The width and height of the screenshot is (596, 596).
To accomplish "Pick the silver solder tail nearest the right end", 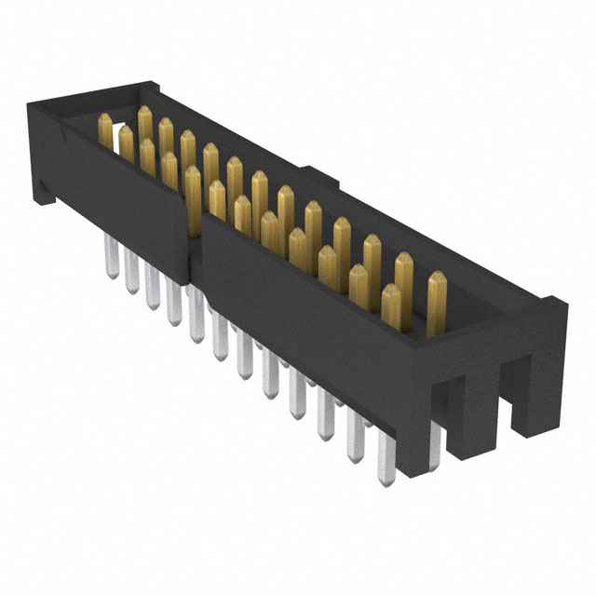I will click(385, 461).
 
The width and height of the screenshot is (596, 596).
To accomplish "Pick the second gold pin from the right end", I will click(403, 279).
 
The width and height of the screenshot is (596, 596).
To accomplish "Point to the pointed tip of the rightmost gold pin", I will click(436, 276).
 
